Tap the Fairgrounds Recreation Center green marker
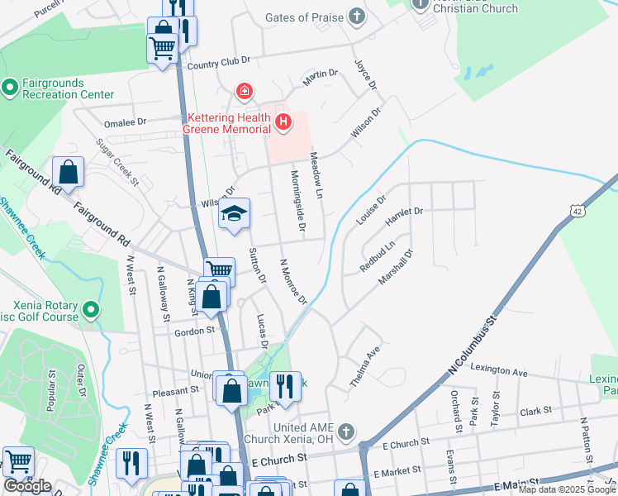click(x=11, y=87)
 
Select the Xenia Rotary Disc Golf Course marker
click(x=91, y=311)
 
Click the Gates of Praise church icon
click(x=356, y=17)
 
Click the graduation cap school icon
click(x=235, y=214)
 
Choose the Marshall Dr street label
click(x=395, y=267)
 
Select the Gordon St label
click(x=195, y=331)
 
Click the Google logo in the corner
click(x=27, y=486)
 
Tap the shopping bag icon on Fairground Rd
click(x=69, y=173)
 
